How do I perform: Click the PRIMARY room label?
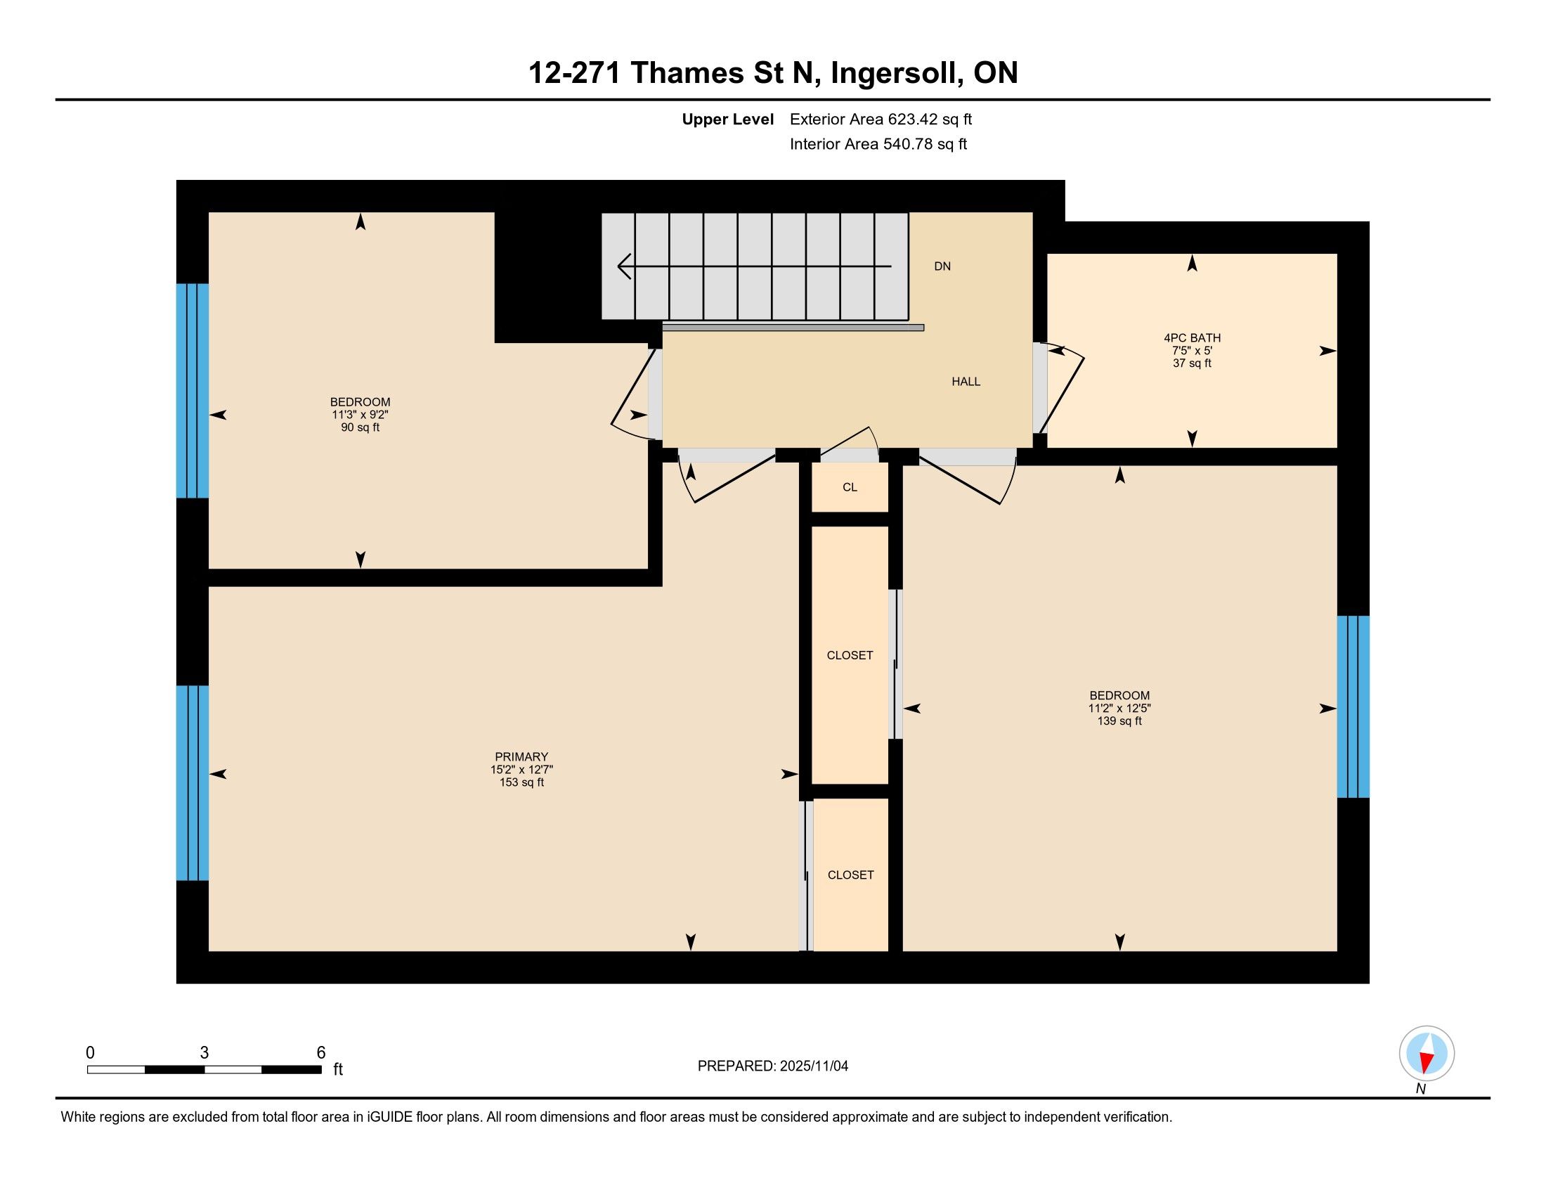[521, 757]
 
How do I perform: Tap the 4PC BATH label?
[1192, 338]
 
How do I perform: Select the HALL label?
[966, 382]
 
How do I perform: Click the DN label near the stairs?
[942, 266]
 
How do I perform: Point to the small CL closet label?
[850, 487]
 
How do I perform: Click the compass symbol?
[1427, 1054]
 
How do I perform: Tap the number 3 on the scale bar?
[204, 1053]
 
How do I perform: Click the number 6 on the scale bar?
[320, 1053]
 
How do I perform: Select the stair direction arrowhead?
[624, 267]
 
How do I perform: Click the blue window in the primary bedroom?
[193, 783]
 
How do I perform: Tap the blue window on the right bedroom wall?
[1353, 706]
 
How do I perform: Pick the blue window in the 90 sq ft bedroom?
[193, 391]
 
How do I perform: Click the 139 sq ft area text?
[1119, 721]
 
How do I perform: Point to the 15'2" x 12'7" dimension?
[521, 770]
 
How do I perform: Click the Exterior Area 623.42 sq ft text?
[881, 119]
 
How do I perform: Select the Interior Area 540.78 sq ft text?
[878, 143]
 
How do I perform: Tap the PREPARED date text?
[772, 1066]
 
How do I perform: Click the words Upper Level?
[727, 119]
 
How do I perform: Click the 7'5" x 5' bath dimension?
[1192, 351]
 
